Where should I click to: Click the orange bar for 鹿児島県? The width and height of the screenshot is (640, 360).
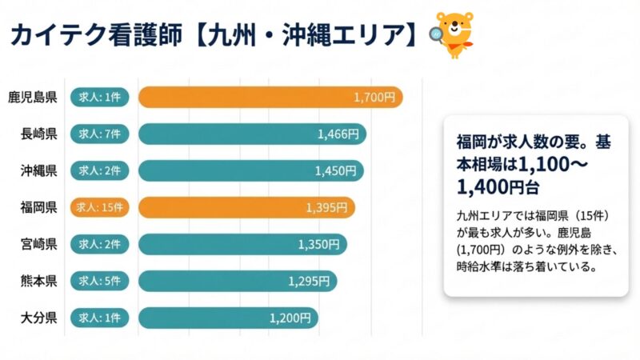270,97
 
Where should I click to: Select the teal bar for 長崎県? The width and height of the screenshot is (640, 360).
252,134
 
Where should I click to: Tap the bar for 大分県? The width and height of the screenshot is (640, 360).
228,318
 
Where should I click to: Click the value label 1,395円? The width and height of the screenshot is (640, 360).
326,207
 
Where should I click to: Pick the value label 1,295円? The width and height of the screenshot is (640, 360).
309,281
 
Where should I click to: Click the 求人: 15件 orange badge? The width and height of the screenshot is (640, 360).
99,207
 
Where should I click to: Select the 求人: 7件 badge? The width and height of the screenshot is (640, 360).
99,134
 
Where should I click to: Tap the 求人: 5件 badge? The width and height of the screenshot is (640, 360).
99,281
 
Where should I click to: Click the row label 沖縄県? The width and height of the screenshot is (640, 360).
38,170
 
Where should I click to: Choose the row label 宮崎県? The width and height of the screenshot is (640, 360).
38,244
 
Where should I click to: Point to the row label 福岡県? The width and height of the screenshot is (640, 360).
38,207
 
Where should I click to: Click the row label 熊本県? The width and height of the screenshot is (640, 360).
38,281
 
